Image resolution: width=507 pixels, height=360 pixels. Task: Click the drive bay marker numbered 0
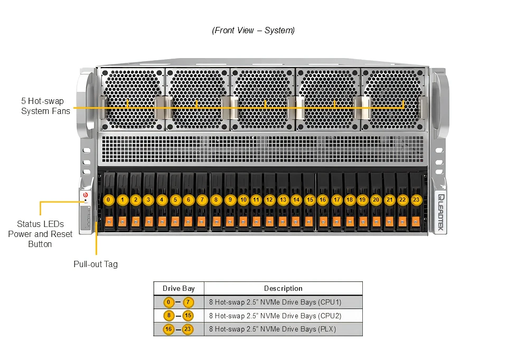click(108, 200)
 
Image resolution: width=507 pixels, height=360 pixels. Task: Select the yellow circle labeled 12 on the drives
click(270, 200)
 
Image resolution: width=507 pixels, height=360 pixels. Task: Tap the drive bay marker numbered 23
click(416, 200)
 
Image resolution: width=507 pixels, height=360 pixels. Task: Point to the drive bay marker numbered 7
click(202, 200)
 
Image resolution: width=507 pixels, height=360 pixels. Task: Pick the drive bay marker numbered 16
click(323, 200)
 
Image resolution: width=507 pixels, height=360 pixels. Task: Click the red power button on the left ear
click(86, 195)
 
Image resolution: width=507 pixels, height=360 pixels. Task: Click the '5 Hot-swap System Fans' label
click(45, 106)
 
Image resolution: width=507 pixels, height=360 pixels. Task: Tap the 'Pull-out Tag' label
click(96, 264)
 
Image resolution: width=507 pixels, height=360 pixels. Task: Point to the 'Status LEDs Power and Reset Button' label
click(40, 234)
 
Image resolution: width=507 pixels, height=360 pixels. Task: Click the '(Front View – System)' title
click(253, 30)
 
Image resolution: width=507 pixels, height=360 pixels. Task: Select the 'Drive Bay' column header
click(179, 288)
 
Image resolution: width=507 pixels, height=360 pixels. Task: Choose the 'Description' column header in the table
click(283, 288)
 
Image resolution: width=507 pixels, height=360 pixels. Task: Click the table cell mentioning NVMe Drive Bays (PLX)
click(273, 329)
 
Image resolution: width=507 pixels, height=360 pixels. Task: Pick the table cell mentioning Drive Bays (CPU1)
click(275, 302)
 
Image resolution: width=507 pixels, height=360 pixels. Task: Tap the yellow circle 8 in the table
click(168, 316)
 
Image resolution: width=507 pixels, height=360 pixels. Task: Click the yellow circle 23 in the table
click(188, 329)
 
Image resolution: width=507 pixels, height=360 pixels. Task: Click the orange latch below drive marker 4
click(162, 222)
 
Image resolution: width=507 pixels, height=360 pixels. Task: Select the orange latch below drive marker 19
click(362, 222)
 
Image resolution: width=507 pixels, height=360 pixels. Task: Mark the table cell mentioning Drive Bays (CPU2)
click(275, 316)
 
